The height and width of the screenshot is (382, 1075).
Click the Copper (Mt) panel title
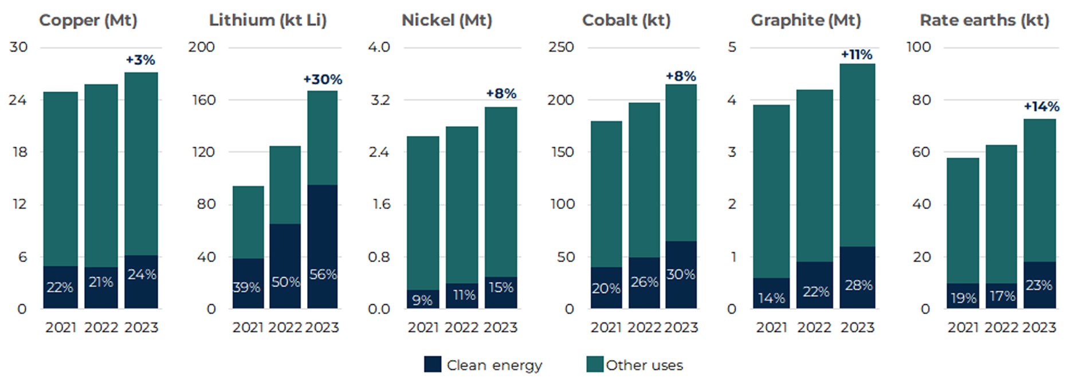tap(88, 21)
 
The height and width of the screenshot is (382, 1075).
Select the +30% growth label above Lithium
tap(323, 80)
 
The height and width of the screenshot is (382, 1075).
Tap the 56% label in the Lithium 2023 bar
tap(323, 275)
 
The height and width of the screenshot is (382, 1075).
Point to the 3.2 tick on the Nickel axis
tap(380, 100)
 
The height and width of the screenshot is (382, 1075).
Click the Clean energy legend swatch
tap(433, 365)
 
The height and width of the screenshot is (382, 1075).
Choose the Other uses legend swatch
tap(595, 365)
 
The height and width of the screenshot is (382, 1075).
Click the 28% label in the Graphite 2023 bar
tap(858, 285)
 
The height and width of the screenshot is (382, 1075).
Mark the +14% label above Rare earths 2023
tap(1041, 107)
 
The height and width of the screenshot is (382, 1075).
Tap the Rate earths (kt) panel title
tap(984, 21)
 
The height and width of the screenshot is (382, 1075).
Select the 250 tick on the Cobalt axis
tap(560, 47)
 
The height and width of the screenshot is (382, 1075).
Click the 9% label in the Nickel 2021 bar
tap(422, 300)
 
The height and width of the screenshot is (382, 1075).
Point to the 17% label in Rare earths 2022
tap(1002, 296)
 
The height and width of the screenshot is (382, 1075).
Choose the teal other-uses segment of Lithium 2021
tap(248, 222)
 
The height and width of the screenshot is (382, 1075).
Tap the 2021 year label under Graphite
tap(771, 328)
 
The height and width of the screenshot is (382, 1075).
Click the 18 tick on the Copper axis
tap(19, 152)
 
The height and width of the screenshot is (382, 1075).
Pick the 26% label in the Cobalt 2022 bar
tap(644, 282)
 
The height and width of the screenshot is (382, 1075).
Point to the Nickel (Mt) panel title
tap(446, 21)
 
